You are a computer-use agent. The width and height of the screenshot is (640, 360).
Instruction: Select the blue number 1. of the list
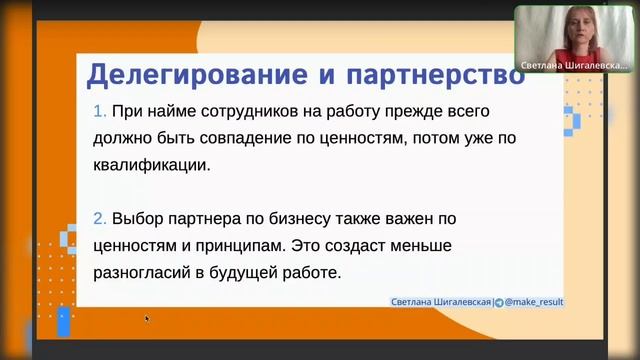pos(98,112)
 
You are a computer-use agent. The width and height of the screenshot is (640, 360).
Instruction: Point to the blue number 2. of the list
pos(98,217)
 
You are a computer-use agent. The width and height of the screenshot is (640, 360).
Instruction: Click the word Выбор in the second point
pos(139,217)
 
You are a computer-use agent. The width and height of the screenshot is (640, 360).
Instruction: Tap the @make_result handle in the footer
pos(532,300)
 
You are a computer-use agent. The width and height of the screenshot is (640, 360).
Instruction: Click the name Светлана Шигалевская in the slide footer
pos(440,300)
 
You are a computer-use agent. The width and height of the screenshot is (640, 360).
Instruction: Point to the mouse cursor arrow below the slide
pos(147,319)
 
